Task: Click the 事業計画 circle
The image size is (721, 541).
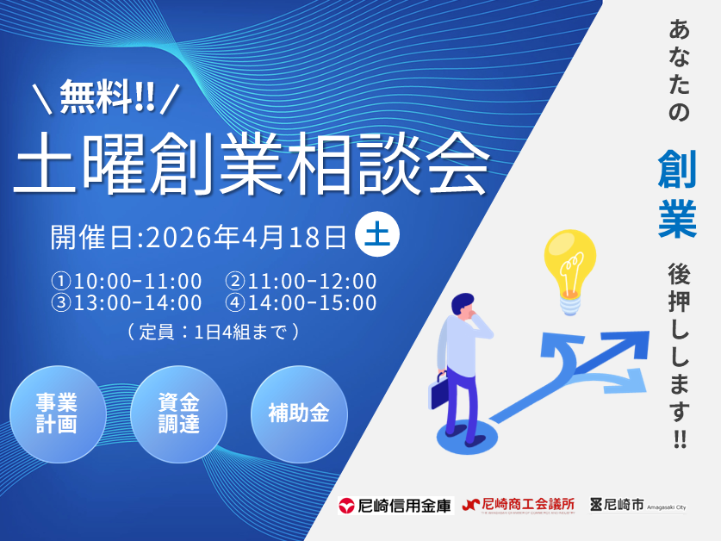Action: [x=57, y=414]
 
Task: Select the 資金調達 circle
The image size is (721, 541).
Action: [x=178, y=414]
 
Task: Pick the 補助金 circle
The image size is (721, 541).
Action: [x=298, y=414]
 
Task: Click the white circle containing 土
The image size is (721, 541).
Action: [x=376, y=235]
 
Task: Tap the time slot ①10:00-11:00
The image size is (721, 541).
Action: [x=127, y=282]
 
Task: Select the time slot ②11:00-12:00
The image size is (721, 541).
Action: [x=301, y=282]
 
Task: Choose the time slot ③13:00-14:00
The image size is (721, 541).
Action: [x=127, y=303]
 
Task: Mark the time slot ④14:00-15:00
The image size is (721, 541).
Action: [x=301, y=303]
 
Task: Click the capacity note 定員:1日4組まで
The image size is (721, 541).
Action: [x=213, y=331]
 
